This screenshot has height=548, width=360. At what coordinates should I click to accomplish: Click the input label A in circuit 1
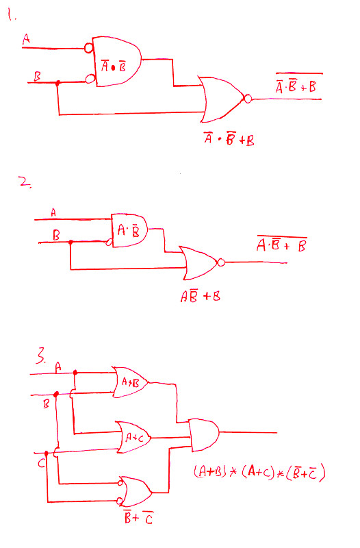click(x=26, y=39)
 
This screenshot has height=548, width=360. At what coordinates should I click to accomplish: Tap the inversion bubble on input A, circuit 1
click(x=89, y=48)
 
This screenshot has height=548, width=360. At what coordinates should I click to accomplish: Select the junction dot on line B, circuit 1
click(x=58, y=83)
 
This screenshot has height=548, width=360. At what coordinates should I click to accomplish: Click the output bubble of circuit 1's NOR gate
click(x=248, y=99)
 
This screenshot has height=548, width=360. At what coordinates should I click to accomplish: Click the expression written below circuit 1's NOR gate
click(x=229, y=139)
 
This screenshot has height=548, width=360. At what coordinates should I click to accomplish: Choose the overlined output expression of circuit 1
click(x=298, y=83)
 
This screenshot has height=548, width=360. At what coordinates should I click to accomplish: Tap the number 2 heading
click(x=25, y=182)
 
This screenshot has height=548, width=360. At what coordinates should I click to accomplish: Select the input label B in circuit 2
click(x=56, y=235)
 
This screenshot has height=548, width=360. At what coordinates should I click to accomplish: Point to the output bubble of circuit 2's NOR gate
click(x=221, y=262)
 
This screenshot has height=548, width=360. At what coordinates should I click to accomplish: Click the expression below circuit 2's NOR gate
click(x=201, y=297)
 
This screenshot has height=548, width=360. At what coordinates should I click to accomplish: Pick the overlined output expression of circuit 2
click(x=282, y=244)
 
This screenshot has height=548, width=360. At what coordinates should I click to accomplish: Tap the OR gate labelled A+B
click(x=130, y=382)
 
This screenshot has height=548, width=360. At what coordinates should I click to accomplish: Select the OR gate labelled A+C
click(x=133, y=437)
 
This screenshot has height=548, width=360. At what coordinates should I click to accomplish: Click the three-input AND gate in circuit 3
click(x=204, y=435)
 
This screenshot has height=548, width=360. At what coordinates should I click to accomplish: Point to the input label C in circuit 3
click(x=42, y=463)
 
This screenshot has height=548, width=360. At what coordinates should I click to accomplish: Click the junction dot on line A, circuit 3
click(x=75, y=373)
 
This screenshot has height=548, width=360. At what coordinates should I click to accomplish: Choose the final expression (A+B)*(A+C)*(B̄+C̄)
click(x=259, y=472)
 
